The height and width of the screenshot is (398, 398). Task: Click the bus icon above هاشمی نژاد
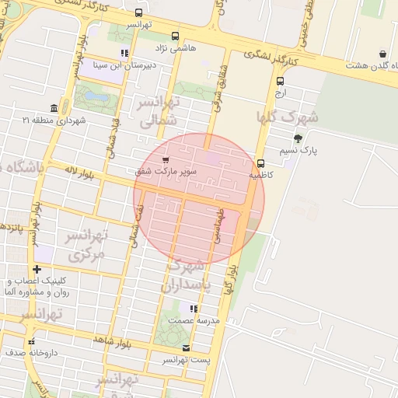coord(175,36)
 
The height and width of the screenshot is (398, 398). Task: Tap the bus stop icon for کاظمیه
coord(260,163)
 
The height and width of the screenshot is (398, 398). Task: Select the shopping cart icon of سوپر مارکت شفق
coord(165,159)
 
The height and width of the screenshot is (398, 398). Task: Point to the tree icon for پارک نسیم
coord(298,138)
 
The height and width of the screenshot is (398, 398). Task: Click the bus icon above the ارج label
coord(280,81)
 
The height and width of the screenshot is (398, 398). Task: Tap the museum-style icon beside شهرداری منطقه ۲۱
coord(54,108)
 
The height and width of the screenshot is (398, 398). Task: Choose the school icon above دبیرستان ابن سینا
coord(124,54)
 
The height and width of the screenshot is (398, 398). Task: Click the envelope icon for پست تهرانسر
coord(185,347)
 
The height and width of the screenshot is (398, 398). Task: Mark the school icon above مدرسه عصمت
coord(194,309)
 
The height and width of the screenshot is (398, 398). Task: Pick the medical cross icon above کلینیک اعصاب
coord(37,269)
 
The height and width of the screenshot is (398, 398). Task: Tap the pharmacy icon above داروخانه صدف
coord(31,341)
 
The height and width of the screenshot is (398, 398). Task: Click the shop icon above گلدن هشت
coord(383,54)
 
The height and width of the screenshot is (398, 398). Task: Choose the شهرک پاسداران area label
coord(187,276)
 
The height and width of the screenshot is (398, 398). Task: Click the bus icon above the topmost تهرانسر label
coord(138,13)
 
